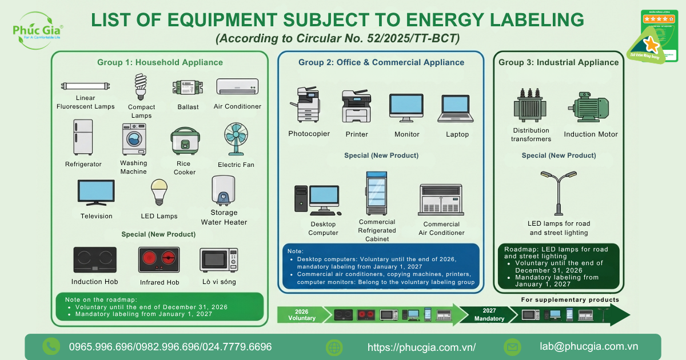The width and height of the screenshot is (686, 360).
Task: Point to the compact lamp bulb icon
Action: pos(141,87)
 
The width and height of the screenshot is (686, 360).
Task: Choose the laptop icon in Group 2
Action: pos(456,109)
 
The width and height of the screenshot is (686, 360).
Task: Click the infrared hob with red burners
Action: pos(159,260)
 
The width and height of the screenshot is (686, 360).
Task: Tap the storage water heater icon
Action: pos(222,191)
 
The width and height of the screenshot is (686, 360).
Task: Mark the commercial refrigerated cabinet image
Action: pos(376,193)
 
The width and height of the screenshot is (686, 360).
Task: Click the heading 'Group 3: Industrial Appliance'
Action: pos(558,62)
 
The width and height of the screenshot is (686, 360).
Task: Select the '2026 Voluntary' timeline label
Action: pos(305,315)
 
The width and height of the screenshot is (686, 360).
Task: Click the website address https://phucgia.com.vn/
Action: pos(421,347)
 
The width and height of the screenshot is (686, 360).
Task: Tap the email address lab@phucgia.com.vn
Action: pos(589,346)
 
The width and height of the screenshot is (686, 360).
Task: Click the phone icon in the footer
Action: pos(51,346)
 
